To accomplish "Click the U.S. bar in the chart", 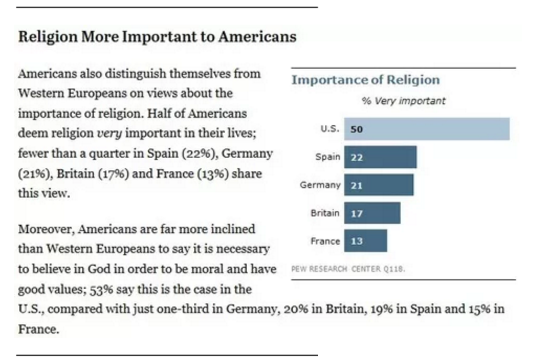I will click(426, 129).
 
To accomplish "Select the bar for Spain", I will click(380, 157).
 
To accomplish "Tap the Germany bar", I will click(379, 185).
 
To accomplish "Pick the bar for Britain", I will click(372, 213).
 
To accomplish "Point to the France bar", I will click(366, 241).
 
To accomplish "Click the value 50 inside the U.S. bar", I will click(356, 129).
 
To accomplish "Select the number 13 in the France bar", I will click(356, 242).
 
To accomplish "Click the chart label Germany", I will click(320, 185).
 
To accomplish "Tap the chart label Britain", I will click(325, 213).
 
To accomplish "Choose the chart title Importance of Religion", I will click(365, 80).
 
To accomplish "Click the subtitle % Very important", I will click(403, 101).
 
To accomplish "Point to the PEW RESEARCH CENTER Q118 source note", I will click(348, 269).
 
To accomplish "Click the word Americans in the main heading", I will click(257, 37).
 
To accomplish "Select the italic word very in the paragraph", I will click(110, 133).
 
